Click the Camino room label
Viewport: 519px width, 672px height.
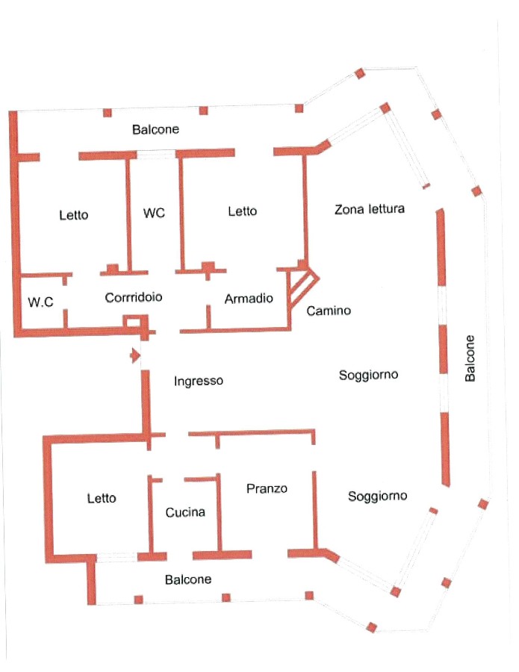point(329,311)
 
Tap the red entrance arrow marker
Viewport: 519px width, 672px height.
point(135,355)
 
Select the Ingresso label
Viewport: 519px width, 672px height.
point(199,381)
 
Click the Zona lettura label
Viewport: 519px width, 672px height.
point(369,209)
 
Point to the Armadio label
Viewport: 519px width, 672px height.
point(249,299)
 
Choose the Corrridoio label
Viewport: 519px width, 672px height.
point(134,297)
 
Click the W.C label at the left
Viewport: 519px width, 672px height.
point(40,302)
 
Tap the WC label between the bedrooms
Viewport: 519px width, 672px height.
point(154,213)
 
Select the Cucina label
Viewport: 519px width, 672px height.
point(185,512)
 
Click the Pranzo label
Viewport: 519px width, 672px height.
point(267,488)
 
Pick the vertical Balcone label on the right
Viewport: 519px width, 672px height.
point(469,358)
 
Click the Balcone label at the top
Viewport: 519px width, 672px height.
point(155,129)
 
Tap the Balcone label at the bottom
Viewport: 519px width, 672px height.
point(188,579)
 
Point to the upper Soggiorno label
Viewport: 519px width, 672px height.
point(368,374)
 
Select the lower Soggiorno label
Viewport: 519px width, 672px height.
point(378,496)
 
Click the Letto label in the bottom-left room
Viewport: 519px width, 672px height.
point(102,498)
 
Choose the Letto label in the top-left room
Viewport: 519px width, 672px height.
point(73,215)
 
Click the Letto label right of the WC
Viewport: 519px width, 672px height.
point(242,211)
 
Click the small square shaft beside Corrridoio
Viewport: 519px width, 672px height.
point(134,323)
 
